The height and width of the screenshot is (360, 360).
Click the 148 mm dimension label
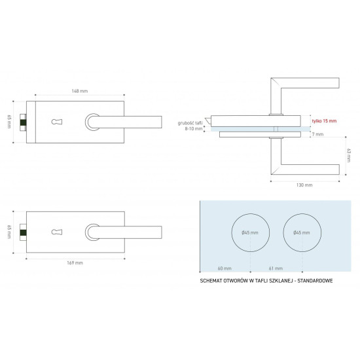point(80,91)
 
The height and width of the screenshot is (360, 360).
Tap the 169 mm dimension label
point(75,263)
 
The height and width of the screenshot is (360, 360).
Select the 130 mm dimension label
point(304,185)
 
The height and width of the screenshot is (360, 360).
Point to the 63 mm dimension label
point(349,155)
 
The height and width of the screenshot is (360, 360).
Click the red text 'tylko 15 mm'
point(324,121)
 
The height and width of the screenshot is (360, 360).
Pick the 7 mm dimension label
point(317,134)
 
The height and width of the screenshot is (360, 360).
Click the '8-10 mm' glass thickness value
point(194,129)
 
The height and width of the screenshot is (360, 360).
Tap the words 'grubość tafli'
point(190,123)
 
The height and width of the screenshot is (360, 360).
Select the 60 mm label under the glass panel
point(225,268)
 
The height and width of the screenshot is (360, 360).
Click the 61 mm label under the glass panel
point(276,268)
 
